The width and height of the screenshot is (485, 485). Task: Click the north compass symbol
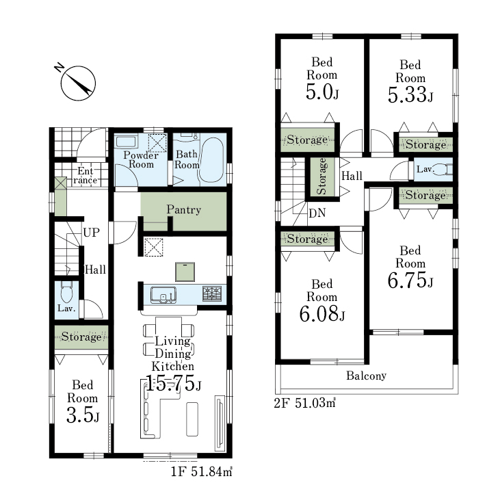tap(77, 82)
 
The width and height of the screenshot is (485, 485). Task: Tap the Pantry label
tap(184, 210)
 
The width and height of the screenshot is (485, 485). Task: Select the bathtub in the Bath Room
tap(210, 159)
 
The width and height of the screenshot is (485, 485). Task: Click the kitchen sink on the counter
tap(163, 294)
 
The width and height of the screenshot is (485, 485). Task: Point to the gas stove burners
tap(212, 293)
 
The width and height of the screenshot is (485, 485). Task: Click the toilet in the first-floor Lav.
tap(66, 292)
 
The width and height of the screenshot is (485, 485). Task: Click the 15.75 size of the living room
tap(173, 383)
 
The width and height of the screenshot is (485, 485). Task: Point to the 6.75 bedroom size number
tap(410, 280)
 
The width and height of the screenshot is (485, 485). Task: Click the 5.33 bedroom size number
tap(410, 94)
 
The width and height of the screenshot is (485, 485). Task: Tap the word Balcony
tap(366, 376)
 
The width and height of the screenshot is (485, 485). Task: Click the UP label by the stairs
tap(91, 233)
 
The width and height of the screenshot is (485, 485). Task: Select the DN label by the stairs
tap(317, 213)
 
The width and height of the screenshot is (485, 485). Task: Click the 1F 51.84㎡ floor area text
tap(201, 471)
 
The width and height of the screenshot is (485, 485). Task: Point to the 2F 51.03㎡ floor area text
tap(304, 403)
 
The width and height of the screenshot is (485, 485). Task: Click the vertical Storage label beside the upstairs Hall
tap(322, 176)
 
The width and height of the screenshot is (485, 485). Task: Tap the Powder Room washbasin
tap(126, 142)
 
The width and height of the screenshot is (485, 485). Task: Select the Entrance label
tap(86, 175)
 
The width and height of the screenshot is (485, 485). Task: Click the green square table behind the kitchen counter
tap(185, 272)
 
